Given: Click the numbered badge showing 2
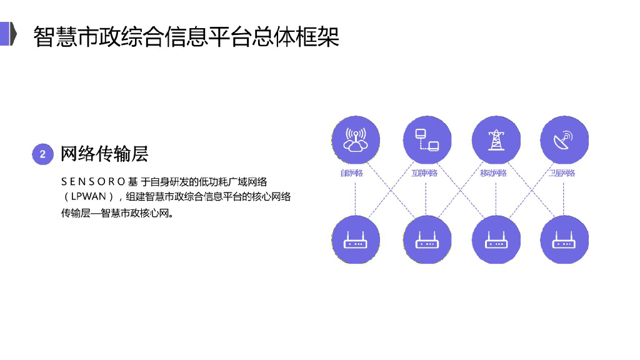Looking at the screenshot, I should pyautogui.click(x=42, y=154).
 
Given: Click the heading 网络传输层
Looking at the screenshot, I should pyautogui.click(x=104, y=154).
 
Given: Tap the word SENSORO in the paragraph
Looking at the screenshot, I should pyautogui.click(x=93, y=182).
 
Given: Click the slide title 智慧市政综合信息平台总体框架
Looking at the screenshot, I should pyautogui.click(x=186, y=36).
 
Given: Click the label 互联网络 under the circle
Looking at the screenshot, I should pyautogui.click(x=424, y=173).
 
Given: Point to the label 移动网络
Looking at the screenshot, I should pyautogui.click(x=493, y=173).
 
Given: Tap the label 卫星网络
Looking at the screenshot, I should pyautogui.click(x=562, y=173).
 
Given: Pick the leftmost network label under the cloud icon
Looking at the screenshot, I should pyautogui.click(x=351, y=173).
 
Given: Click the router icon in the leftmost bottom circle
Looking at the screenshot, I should pyautogui.click(x=355, y=240).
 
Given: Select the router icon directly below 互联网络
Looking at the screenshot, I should pyautogui.click(x=425, y=240).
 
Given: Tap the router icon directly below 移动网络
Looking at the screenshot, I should pyautogui.click(x=495, y=240).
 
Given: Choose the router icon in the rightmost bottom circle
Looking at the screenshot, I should pyautogui.click(x=564, y=240).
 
